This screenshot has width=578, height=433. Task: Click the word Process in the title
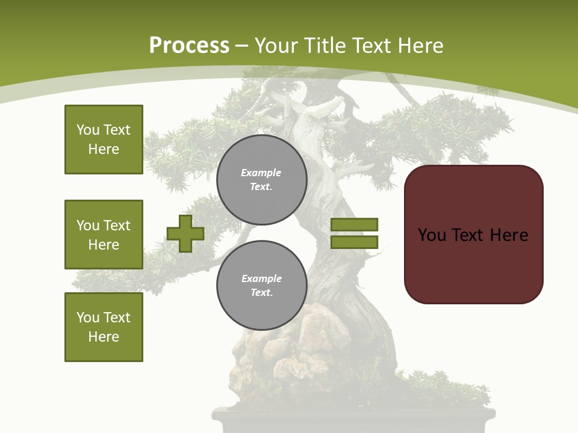click(x=189, y=46)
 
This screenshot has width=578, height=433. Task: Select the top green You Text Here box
click(x=104, y=140)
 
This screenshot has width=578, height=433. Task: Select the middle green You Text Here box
click(x=104, y=235)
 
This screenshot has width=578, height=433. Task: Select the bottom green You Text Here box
click(x=104, y=327)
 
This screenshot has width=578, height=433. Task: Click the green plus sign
click(x=185, y=233)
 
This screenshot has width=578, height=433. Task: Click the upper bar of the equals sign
click(x=355, y=224)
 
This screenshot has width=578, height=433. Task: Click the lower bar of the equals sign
click(x=355, y=242)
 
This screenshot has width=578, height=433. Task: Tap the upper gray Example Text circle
click(x=262, y=180)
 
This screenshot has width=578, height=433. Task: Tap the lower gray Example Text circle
click(x=262, y=285)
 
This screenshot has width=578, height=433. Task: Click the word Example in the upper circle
click(x=261, y=173)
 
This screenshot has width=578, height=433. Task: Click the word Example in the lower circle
click(x=261, y=279)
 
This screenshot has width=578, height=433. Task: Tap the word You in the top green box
click(x=87, y=130)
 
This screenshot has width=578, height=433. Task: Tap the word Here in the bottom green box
click(x=104, y=337)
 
